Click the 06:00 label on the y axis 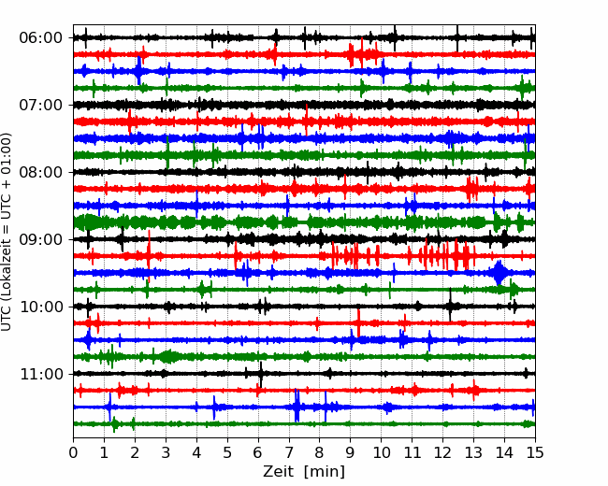pos(40,38)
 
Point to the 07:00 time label pos(40,105)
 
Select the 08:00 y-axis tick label pos(40,172)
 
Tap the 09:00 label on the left pos(40,239)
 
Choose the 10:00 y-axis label pos(40,307)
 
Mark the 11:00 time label pos(40,374)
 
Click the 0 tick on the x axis pos(73,452)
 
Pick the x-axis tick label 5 pos(227,452)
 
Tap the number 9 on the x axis pos(351,452)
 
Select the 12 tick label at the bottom pos(442,452)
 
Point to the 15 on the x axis pos(535,452)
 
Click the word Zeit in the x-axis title pos(277,471)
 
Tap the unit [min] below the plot pos(325,472)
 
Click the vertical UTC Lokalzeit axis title pos(7,232)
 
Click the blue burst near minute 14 pos(499,273)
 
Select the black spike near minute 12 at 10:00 pos(450,305)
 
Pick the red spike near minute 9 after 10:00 pos(358,322)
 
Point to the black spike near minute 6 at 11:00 pos(261,374)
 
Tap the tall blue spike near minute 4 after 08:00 pos(197,205)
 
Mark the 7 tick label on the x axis pos(289,452)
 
